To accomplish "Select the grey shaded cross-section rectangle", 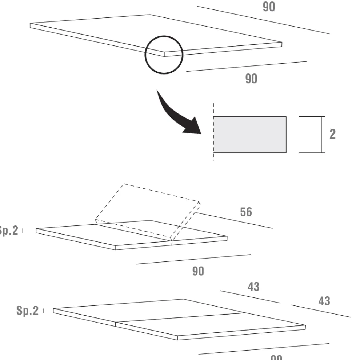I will click(249, 135).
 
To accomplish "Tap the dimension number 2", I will click(332, 134).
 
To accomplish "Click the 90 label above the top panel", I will click(269, 7).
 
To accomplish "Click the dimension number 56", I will click(246, 212).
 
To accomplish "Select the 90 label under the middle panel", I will click(198, 271).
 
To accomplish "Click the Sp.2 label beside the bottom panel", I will click(27, 311).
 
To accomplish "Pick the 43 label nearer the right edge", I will click(324, 301).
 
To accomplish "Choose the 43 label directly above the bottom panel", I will click(253, 287).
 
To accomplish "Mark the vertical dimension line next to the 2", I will click(322, 135).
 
